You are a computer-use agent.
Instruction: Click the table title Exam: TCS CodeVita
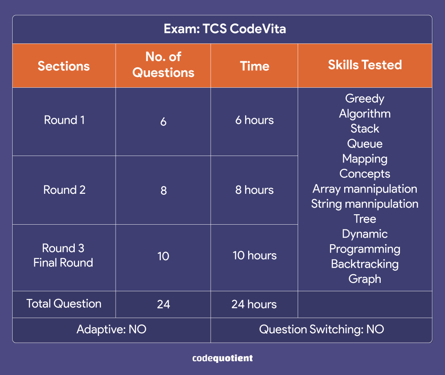click(225, 29)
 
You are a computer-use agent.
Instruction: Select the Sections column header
click(63, 66)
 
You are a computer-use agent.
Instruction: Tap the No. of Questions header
click(163, 65)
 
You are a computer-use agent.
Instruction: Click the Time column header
click(255, 66)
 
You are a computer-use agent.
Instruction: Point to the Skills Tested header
click(365, 65)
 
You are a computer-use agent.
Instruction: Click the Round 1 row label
click(64, 120)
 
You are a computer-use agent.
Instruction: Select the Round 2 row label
click(64, 189)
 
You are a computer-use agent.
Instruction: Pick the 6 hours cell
click(254, 120)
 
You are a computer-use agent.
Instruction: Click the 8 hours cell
click(254, 190)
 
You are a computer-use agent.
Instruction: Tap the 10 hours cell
click(255, 256)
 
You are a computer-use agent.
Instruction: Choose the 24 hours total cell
click(254, 304)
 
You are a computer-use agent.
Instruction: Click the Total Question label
click(64, 304)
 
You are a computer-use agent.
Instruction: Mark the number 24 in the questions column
click(163, 304)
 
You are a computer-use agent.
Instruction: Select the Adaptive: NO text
click(111, 329)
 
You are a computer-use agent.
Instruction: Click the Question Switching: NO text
click(322, 329)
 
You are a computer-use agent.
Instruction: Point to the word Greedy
click(365, 99)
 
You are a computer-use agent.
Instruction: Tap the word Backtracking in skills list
click(365, 264)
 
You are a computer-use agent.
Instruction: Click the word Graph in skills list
click(365, 279)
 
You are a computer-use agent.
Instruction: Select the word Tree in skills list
click(365, 219)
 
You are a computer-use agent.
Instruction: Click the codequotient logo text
click(222, 358)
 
